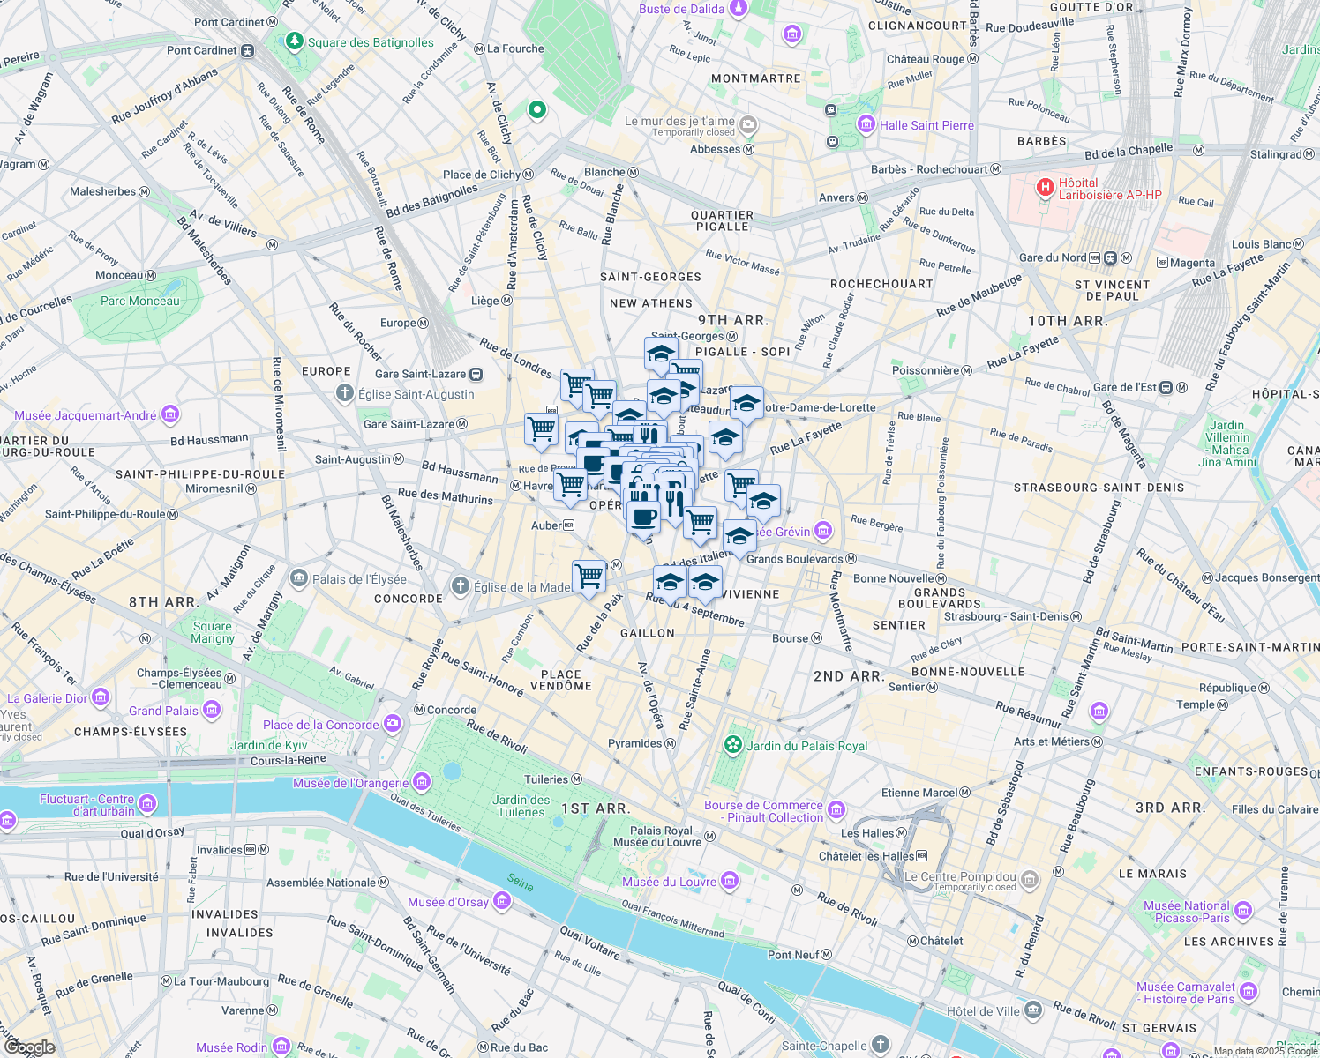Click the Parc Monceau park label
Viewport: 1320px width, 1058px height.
[139, 301]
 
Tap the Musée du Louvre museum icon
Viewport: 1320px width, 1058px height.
[730, 881]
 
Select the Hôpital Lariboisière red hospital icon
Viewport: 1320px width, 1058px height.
[1046, 187]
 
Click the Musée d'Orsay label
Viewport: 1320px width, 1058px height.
[447, 902]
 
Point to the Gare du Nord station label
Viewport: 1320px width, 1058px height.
[1052, 257]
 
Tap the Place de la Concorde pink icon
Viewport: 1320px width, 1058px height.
[393, 724]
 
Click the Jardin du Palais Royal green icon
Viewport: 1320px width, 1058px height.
[732, 745]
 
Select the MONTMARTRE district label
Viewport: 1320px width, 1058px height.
[755, 78]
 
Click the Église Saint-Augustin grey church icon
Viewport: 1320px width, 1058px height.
[345, 393]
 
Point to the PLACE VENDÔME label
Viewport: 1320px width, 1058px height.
[561, 680]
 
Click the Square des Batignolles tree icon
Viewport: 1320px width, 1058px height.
[294, 41]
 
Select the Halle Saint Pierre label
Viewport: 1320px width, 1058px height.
[926, 125]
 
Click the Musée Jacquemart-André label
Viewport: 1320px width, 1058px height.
[85, 415]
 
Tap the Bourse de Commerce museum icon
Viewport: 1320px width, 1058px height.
[836, 809]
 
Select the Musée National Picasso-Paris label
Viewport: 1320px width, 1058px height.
[1186, 912]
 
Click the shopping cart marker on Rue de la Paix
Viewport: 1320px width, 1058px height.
[589, 577]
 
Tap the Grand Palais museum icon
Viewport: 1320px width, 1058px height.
[212, 710]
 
